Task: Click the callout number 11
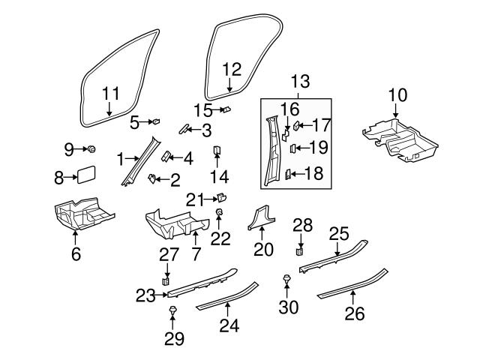pyautogui.click(x=110, y=94)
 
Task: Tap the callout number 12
pyautogui.click(x=232, y=70)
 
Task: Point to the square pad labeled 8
pyautogui.click(x=84, y=177)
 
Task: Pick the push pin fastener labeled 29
pyautogui.click(x=173, y=310)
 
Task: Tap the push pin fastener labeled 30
pyautogui.click(x=286, y=280)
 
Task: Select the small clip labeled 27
pyautogui.click(x=166, y=281)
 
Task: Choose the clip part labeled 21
pyautogui.click(x=221, y=198)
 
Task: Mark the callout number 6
pyautogui.click(x=76, y=254)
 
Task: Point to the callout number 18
pyautogui.click(x=313, y=174)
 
